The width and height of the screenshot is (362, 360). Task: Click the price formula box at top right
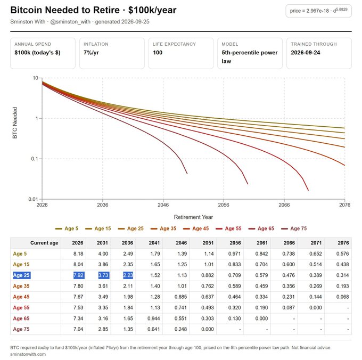point(318,11)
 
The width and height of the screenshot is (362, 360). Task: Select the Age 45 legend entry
point(196,228)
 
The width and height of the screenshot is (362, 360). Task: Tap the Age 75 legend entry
point(294,228)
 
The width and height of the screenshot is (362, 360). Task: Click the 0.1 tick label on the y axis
point(35,159)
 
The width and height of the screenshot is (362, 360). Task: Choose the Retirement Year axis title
point(193,217)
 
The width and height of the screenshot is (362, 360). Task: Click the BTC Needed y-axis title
point(15,123)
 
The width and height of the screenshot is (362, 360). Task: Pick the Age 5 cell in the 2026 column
point(78,254)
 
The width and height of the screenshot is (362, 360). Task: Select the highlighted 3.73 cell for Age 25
point(103,275)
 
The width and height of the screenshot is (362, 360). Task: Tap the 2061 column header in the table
point(262,243)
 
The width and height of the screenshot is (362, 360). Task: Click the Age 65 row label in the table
point(21,318)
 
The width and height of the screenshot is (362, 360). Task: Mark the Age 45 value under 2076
point(343,297)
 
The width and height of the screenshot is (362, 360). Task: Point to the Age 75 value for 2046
point(180,329)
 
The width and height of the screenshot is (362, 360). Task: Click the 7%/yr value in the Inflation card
point(91,53)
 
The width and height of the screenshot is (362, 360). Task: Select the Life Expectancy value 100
point(158,53)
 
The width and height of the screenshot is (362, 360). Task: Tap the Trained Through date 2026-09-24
point(306,53)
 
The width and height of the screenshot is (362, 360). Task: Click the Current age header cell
point(44,243)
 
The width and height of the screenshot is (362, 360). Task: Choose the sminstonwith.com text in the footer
point(28,354)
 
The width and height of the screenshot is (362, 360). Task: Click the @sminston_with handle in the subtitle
point(70,22)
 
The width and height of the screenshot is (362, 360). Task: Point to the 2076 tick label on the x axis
point(344,205)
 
